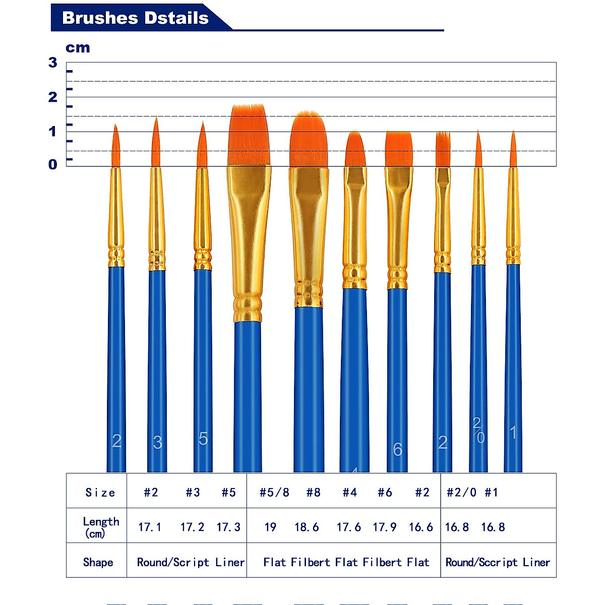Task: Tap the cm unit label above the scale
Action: coord(78,48)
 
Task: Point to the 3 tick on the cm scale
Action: coord(53,63)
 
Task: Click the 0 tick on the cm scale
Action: coord(53,164)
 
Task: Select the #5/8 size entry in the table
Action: coord(274,492)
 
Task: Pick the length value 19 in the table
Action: coord(270,527)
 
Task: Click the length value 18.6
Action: coord(307,527)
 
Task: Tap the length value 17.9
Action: coord(384,527)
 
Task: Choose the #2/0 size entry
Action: coord(461,492)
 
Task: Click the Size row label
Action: coord(100,493)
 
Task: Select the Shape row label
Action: coord(98,562)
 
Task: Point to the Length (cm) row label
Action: coord(101,527)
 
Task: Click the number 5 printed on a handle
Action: coord(203,439)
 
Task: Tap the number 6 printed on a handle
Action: coord(397,449)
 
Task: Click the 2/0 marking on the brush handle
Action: coord(478,430)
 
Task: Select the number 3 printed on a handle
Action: coord(157,443)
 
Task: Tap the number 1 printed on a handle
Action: coord(513,433)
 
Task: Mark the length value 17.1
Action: coord(150,527)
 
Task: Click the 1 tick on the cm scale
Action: coord(53,132)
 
